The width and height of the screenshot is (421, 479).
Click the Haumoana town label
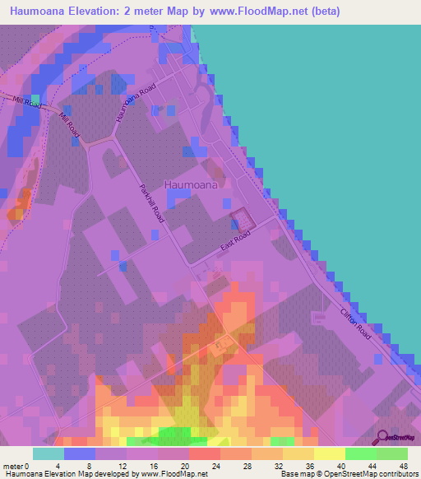pos(191,185)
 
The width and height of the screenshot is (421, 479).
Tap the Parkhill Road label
pos(152,202)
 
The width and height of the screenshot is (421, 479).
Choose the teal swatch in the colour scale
pos(49,453)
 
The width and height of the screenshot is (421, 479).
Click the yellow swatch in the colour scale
pos(329,453)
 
